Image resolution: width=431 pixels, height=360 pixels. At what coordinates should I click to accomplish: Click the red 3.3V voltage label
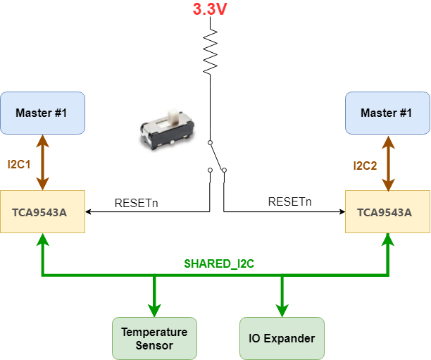[210, 9]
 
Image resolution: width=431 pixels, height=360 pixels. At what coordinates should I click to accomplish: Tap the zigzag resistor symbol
[211, 51]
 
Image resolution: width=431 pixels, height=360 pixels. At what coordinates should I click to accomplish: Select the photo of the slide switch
[168, 129]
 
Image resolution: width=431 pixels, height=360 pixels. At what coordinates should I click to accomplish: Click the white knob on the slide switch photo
[173, 116]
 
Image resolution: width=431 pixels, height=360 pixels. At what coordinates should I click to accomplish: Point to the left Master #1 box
[42, 113]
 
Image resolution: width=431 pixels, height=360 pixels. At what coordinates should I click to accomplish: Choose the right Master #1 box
[387, 113]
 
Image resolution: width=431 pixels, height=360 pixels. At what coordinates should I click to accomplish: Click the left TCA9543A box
[42, 212]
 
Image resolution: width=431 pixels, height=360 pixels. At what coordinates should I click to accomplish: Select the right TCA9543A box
[387, 212]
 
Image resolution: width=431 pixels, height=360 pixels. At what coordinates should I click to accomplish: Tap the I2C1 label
[19, 164]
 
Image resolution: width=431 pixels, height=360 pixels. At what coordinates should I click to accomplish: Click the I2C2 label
[365, 166]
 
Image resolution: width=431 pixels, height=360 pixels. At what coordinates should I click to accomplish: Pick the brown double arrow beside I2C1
[42, 162]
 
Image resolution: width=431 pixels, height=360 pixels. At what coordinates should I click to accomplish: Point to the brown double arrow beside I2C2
[388, 163]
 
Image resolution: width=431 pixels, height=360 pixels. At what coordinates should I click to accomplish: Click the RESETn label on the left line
[137, 203]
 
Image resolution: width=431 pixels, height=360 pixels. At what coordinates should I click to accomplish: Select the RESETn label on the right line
[289, 202]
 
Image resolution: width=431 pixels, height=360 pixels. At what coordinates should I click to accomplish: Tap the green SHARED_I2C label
[219, 263]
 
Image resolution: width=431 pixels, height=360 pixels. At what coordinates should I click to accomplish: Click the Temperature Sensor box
[154, 339]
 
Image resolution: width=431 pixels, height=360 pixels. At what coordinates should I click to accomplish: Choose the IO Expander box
[282, 339]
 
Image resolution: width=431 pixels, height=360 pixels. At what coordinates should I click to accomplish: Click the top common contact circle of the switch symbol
[210, 143]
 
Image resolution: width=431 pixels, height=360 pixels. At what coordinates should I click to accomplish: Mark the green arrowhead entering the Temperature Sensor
[154, 311]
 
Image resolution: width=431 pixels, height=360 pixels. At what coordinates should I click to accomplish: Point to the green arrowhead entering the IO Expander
[282, 311]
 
